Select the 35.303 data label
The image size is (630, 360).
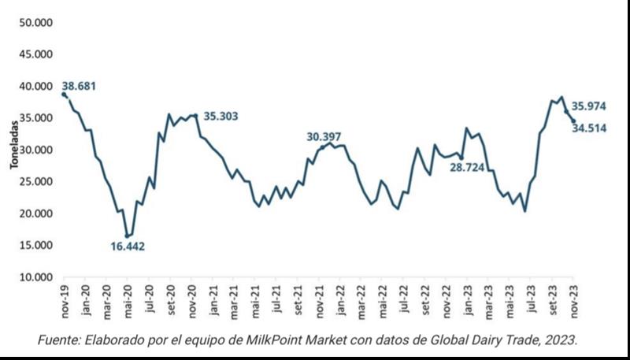(220, 117)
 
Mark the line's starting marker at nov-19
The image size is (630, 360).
(64, 95)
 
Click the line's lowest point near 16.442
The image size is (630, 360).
(128, 236)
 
